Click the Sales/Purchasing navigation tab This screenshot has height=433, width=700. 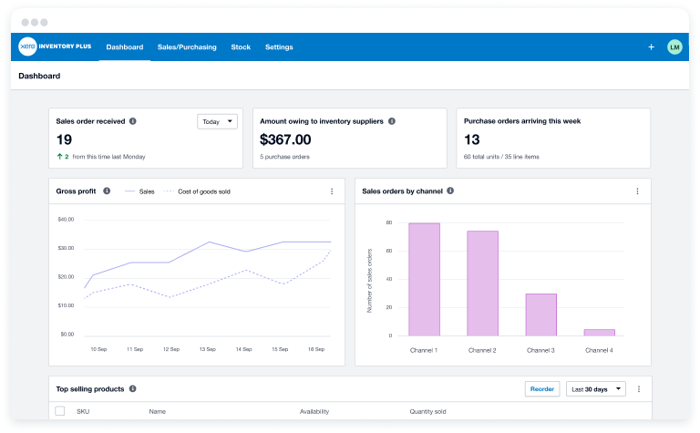(x=187, y=46)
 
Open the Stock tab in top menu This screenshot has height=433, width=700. (x=241, y=46)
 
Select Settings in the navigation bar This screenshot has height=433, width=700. (x=279, y=46)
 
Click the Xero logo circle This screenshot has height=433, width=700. (x=26, y=46)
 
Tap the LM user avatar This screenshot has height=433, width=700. (x=674, y=46)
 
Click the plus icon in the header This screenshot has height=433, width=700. (x=651, y=46)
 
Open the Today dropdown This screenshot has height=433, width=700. (x=217, y=121)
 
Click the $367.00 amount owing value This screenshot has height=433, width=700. (x=285, y=139)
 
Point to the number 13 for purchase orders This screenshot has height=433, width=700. (x=472, y=139)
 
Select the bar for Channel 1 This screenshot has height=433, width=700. (x=424, y=279)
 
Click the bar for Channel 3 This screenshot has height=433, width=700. (x=541, y=314)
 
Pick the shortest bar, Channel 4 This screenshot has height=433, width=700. (x=599, y=332)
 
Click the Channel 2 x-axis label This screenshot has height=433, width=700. (x=483, y=350)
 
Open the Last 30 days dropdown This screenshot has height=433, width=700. (x=596, y=389)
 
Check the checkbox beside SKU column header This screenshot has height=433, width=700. (x=60, y=411)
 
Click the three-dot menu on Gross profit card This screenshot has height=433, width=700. (x=332, y=191)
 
